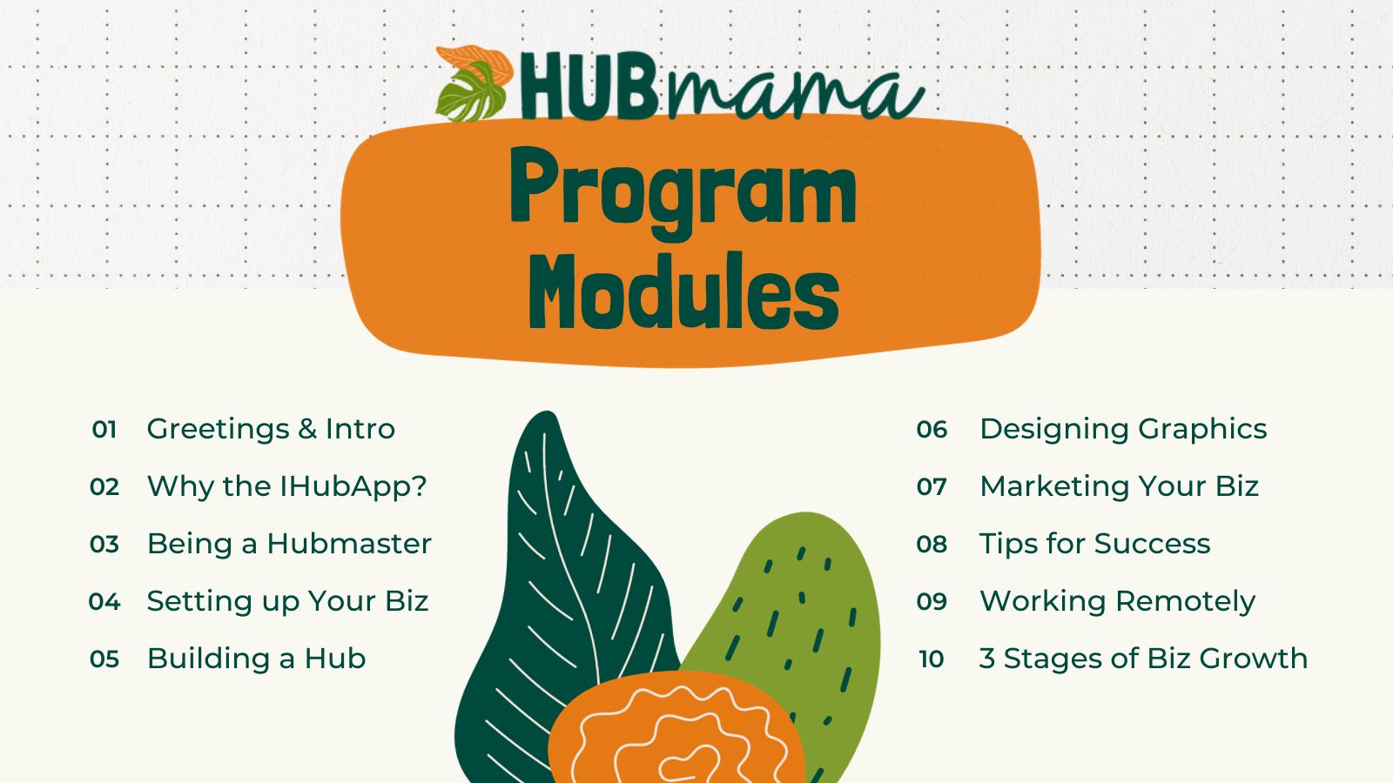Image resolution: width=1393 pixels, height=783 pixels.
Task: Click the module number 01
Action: [x=104, y=430]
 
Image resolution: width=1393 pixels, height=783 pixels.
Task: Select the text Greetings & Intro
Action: [x=271, y=430]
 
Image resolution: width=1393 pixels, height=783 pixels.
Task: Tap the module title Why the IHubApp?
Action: [x=286, y=486]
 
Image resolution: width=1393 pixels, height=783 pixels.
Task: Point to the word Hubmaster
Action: [x=349, y=544]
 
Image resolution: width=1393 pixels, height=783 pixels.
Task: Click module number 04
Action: [x=104, y=601]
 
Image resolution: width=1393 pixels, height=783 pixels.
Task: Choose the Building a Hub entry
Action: [x=256, y=659]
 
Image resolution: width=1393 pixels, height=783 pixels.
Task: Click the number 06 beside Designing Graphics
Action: [x=932, y=430]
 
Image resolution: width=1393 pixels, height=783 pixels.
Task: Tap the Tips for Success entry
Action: [x=1095, y=544]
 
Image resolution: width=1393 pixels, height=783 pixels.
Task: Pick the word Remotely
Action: [x=1185, y=601]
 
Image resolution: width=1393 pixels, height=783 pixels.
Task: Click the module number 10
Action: [x=932, y=659]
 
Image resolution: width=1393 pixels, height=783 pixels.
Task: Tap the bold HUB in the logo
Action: [x=589, y=86]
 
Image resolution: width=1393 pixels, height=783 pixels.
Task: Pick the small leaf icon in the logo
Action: [x=474, y=84]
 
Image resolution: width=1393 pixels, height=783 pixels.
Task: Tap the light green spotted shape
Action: [x=809, y=609]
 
